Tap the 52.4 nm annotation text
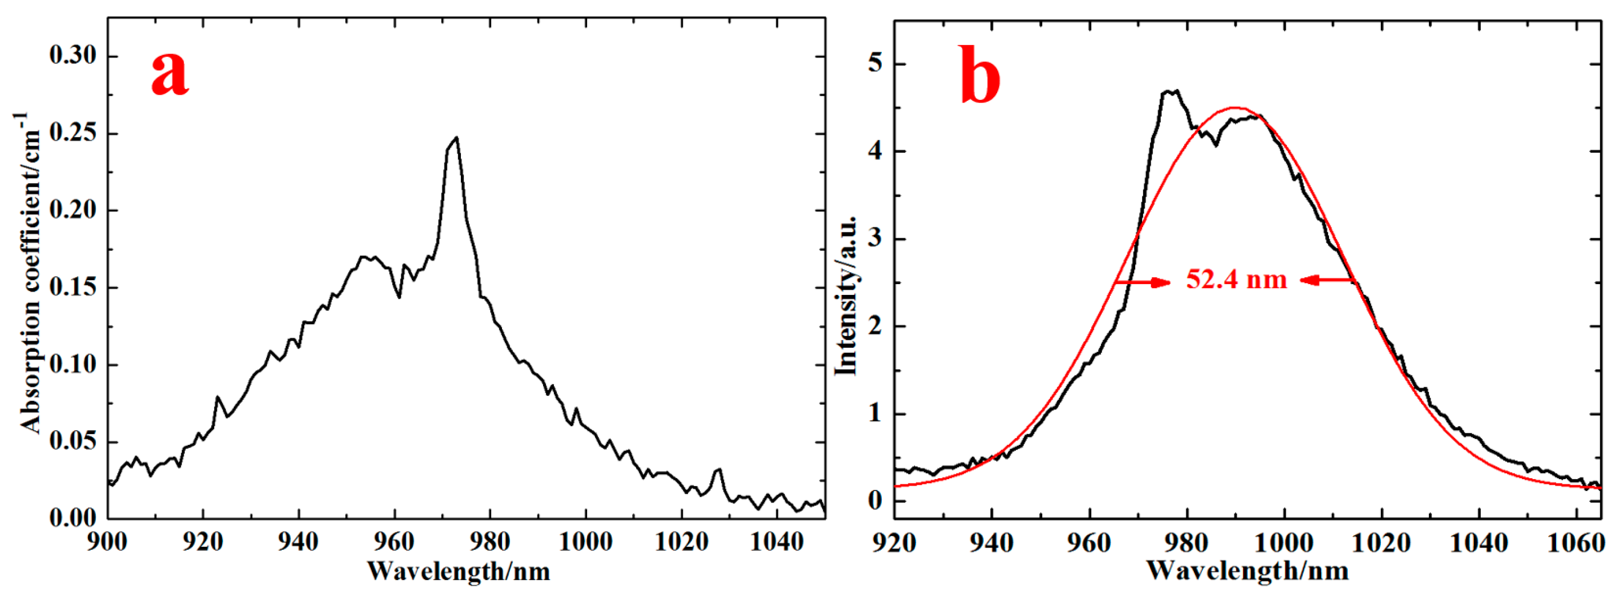pyautogui.click(x=1236, y=279)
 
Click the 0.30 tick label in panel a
pyautogui.click(x=73, y=56)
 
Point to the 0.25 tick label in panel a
pyautogui.click(x=73, y=133)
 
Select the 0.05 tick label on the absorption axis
pyautogui.click(x=73, y=442)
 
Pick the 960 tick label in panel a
pyautogui.click(x=395, y=541)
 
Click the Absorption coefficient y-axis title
pyautogui.click(x=30, y=273)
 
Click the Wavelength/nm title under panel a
pyautogui.click(x=458, y=572)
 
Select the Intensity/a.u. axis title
pyautogui.click(x=846, y=295)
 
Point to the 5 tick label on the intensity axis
pyautogui.click(x=874, y=64)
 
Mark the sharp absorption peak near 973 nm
pyautogui.click(x=456, y=138)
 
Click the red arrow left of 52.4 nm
pyautogui.click(x=1143, y=282)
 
